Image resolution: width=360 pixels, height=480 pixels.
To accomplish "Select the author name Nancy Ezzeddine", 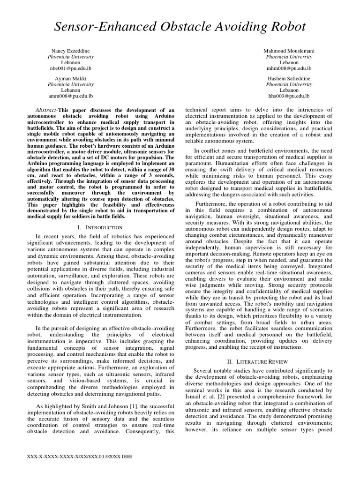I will tap(70, 50).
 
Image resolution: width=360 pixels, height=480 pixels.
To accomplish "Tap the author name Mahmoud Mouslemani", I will tap(288, 50).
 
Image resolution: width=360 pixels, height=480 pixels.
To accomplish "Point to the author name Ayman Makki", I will tap(70, 78).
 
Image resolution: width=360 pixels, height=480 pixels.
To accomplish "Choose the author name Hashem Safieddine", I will tap(288, 78).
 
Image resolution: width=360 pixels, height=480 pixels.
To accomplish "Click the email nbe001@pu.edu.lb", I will tap(70, 68).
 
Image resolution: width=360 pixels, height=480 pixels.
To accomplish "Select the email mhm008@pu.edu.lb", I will tap(288, 68).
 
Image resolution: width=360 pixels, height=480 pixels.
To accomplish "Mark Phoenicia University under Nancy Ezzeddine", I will tap(70, 56).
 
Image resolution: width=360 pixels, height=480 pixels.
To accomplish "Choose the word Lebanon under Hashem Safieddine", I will tap(288, 90).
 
